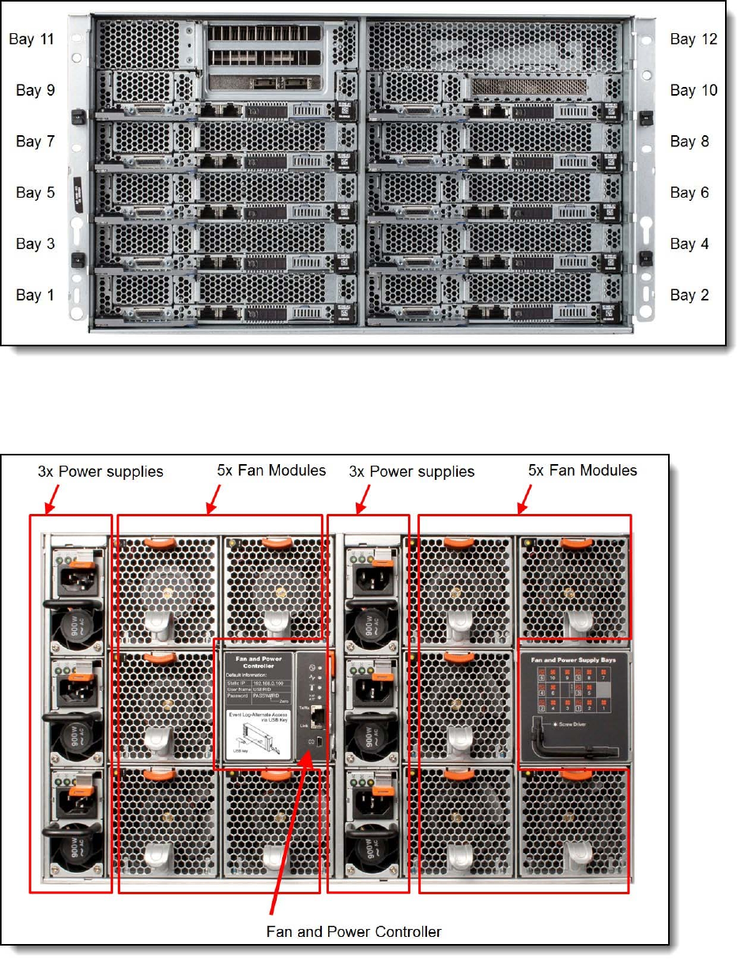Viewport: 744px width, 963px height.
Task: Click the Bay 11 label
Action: (x=32, y=39)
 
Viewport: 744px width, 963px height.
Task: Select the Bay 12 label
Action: (x=693, y=39)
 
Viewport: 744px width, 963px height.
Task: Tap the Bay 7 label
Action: (x=36, y=142)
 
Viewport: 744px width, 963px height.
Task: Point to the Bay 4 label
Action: (x=693, y=244)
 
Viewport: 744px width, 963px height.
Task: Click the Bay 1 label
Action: (x=36, y=295)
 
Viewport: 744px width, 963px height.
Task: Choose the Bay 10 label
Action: (x=693, y=90)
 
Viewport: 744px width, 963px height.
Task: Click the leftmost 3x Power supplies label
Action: (x=100, y=471)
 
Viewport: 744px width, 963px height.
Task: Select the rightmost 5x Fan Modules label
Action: (x=583, y=470)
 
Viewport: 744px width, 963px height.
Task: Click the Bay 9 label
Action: (x=36, y=90)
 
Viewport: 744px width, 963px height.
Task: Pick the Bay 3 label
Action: (x=36, y=244)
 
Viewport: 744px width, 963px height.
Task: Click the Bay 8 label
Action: (x=693, y=142)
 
